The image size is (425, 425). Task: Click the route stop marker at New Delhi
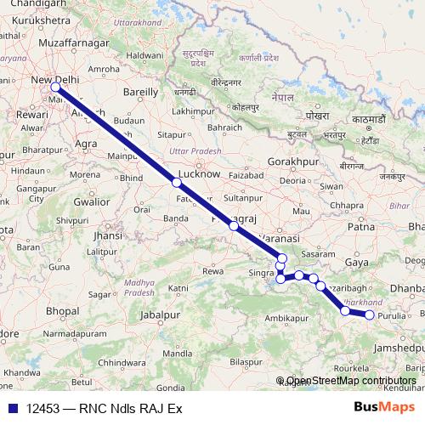[55, 87]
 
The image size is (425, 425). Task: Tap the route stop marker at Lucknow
[176, 182]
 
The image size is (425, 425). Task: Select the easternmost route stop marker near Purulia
[370, 315]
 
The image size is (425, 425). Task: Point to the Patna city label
[361, 227]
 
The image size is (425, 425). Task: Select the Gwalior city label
[92, 201]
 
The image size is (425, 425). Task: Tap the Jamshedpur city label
[390, 348]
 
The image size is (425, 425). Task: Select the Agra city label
[86, 144]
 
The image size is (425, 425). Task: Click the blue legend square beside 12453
[11, 409]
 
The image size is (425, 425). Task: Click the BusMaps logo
[383, 408]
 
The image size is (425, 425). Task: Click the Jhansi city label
[108, 235]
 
